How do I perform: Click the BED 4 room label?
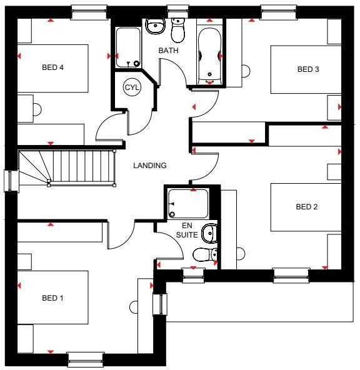pos(52,68)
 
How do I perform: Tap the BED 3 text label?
pos(308,69)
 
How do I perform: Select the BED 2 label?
pos(307,207)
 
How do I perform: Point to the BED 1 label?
pos(53,298)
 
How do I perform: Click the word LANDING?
pos(150,166)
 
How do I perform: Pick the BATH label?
pos(168,50)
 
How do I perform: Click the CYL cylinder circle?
pos(132,87)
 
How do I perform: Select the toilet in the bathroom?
pos(179,27)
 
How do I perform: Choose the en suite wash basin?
pos(210,233)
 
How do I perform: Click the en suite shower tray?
pos(187,204)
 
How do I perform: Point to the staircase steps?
pos(81,167)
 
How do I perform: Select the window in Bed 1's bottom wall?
pos(85,358)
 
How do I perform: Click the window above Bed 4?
pos(89,11)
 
